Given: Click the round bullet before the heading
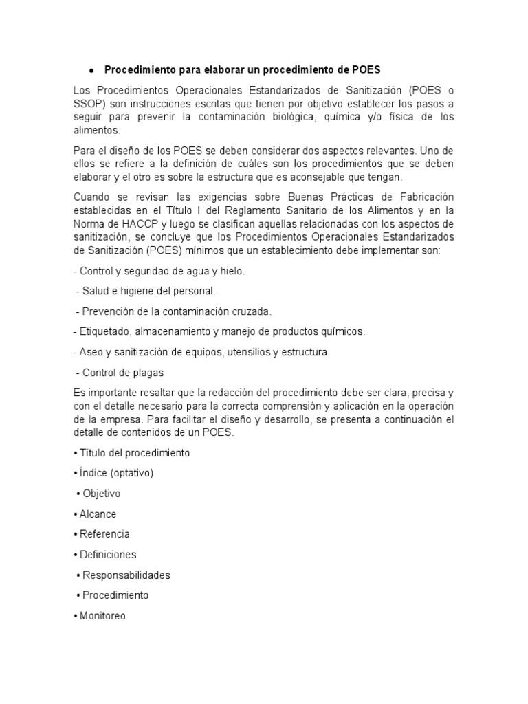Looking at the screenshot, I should click(x=91, y=71).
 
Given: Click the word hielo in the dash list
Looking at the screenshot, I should click(x=229, y=271).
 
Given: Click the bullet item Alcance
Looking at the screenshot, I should click(x=98, y=514).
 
